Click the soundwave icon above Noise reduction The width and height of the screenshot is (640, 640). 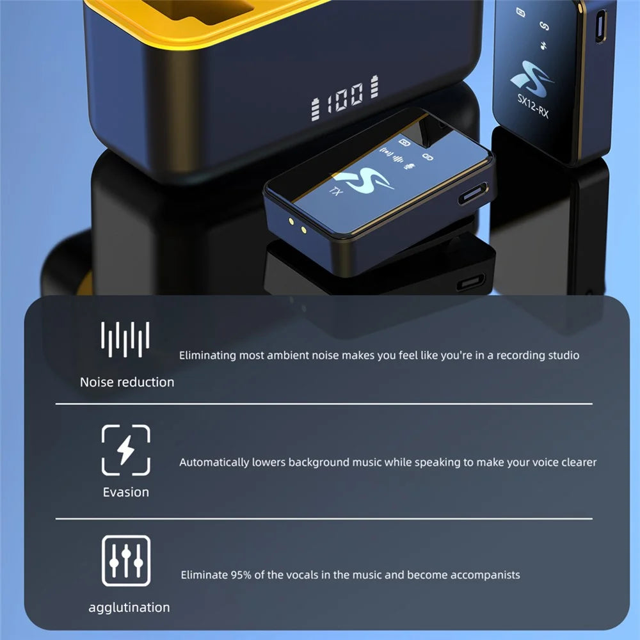click(125, 339)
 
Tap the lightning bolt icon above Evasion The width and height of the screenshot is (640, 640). click(125, 450)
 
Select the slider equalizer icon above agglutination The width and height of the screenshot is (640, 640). click(126, 561)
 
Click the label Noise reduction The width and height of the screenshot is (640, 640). click(127, 382)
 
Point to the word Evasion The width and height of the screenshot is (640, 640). click(125, 492)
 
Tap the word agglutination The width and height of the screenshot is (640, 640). click(129, 607)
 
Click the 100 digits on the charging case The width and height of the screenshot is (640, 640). click(344, 97)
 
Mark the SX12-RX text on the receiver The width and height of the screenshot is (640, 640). click(532, 106)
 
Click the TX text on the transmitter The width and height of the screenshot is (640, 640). click(336, 191)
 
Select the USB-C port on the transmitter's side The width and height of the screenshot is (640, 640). click(473, 193)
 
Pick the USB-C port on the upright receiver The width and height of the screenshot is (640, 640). click(600, 26)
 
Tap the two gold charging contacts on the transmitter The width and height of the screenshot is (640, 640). click(297, 226)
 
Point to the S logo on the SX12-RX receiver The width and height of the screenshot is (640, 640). click(531, 79)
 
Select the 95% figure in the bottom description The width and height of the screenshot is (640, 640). click(241, 575)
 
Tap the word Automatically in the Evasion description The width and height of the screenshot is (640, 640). click(214, 463)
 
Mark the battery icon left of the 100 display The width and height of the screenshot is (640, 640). click(315, 109)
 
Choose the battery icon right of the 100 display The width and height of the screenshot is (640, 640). click(374, 86)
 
